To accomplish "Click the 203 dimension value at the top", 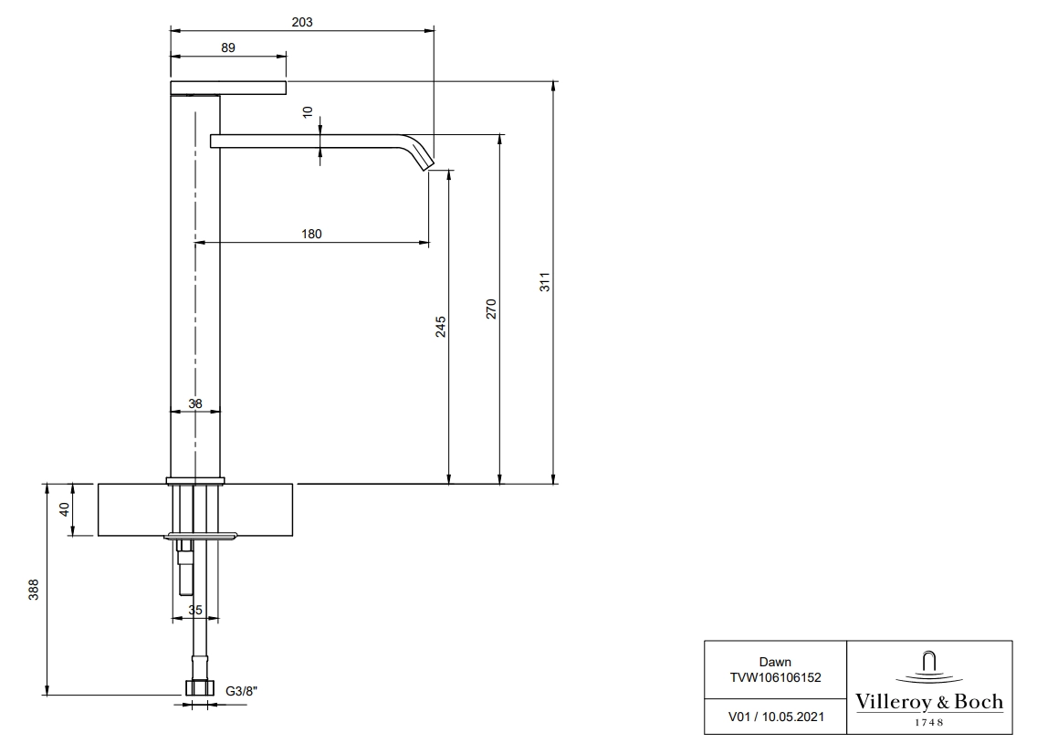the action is click(302, 22).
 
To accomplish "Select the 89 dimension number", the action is click(228, 47).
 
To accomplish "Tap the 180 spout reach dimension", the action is click(311, 234).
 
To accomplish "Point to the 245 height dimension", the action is click(441, 327).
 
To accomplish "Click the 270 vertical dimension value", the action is click(491, 309).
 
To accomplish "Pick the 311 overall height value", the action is click(544, 282).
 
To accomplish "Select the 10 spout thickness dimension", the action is click(308, 112).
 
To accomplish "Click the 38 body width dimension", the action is click(195, 403).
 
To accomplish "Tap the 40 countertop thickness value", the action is click(64, 509).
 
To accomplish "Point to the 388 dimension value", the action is click(34, 590).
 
